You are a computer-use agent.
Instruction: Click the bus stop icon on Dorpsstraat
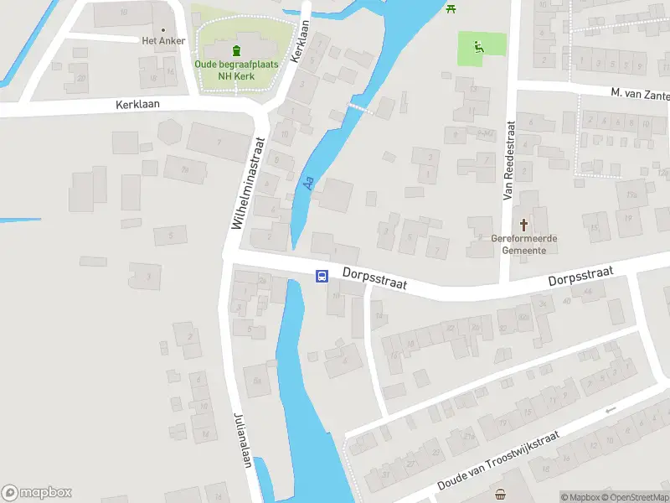pos(322,276)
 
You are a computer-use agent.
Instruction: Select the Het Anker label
pos(162,40)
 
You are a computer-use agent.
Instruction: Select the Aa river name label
pos(308,181)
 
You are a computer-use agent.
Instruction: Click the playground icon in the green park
pos(479,46)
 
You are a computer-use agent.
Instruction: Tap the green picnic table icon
pos(451,8)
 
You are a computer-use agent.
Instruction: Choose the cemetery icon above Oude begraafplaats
pos(236,49)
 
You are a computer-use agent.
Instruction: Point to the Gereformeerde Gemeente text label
pos(525,244)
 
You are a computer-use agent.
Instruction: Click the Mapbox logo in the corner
pos(37,493)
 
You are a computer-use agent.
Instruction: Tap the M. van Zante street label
pos(639,94)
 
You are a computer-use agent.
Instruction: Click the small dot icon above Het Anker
pos(162,29)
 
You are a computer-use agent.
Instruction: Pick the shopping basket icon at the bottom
pos(501,495)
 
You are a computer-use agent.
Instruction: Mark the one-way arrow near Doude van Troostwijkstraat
pos(610,410)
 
